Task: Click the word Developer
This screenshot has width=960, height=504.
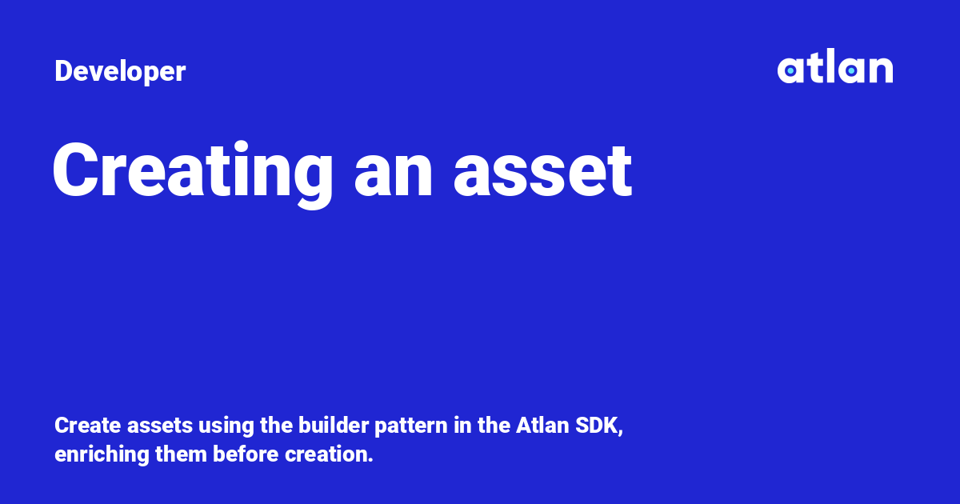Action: (x=120, y=72)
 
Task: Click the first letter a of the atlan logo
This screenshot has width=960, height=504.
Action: (x=790, y=70)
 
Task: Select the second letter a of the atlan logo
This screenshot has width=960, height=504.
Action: (x=850, y=70)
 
